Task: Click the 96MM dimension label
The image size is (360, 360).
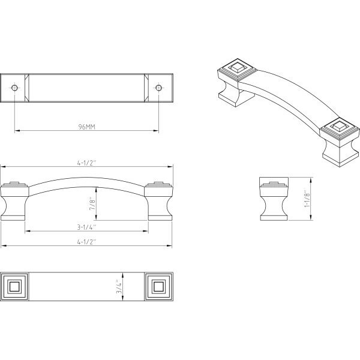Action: (87, 127)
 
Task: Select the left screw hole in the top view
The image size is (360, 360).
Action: (14, 88)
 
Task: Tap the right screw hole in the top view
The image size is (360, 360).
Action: (158, 88)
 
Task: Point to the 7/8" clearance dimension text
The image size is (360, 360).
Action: (92, 203)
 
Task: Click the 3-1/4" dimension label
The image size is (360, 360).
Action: (86, 227)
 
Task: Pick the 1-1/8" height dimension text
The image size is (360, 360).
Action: (307, 199)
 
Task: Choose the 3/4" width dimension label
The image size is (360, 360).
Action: (119, 287)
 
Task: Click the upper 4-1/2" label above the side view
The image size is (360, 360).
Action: (86, 163)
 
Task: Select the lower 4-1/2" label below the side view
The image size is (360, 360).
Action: (86, 242)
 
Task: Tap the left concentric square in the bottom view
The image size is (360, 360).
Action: (14, 287)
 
